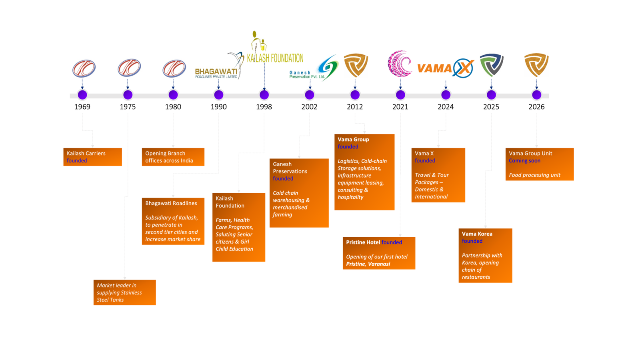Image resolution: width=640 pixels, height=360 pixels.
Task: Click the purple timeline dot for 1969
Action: (x=82, y=95)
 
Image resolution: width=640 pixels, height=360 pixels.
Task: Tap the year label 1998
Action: (x=264, y=107)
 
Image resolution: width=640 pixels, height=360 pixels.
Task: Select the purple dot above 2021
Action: (x=400, y=95)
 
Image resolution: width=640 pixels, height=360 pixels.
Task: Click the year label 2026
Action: (x=536, y=107)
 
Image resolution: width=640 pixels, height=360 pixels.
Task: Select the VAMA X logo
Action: (x=445, y=68)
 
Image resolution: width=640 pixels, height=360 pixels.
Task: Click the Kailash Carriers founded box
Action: (x=92, y=157)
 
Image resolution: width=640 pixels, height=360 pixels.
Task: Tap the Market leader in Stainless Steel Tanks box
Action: (x=124, y=292)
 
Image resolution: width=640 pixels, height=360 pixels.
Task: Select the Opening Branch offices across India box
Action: (x=173, y=157)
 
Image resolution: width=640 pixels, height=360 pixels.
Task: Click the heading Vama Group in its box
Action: (x=353, y=140)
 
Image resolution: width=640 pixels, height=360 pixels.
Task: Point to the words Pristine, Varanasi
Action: (x=368, y=264)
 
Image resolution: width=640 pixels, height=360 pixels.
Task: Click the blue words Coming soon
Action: (x=524, y=161)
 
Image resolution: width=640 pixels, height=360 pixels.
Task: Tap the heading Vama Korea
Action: (x=477, y=234)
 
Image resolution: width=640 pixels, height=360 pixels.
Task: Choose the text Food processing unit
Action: (x=534, y=175)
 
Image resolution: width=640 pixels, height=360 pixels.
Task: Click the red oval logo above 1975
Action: (x=129, y=68)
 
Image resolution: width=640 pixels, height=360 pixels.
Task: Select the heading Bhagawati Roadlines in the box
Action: (x=171, y=203)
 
